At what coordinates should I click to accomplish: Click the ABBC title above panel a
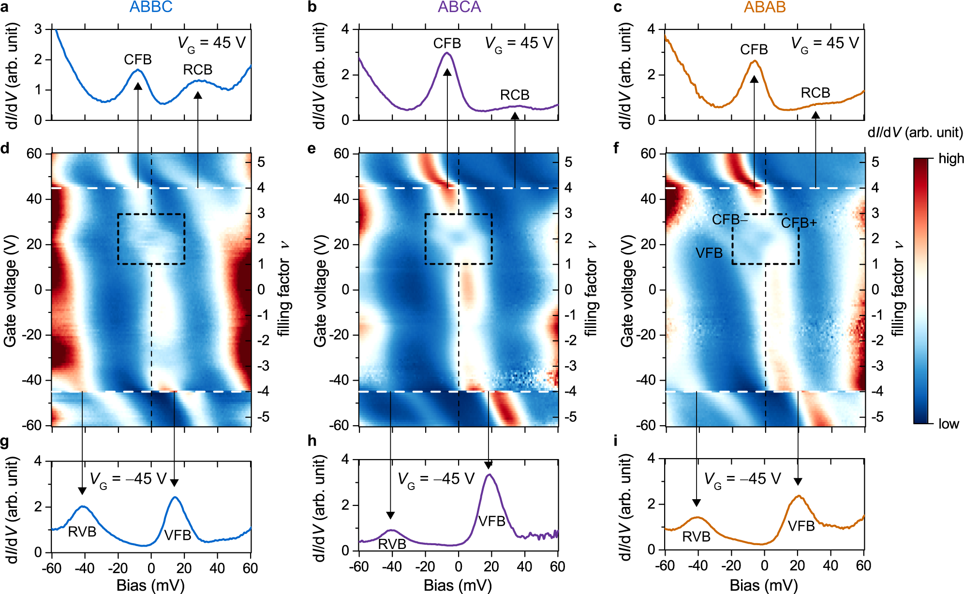click(x=151, y=7)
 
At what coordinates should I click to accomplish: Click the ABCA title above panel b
click(x=459, y=7)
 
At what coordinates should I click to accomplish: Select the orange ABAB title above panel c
click(x=765, y=7)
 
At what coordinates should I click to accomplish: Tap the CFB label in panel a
click(x=137, y=59)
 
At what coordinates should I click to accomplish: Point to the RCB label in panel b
click(x=515, y=95)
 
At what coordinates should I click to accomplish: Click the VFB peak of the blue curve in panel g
click(x=175, y=497)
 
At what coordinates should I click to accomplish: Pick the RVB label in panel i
click(x=696, y=536)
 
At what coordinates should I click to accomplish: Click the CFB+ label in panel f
click(x=799, y=223)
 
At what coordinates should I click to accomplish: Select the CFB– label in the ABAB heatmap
click(x=729, y=220)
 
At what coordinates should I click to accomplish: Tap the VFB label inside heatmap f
click(x=709, y=253)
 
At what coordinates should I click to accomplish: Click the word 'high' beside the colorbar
click(x=951, y=159)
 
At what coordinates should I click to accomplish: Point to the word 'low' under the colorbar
click(x=949, y=424)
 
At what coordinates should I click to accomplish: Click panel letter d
click(x=5, y=148)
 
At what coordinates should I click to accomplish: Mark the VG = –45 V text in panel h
click(x=436, y=479)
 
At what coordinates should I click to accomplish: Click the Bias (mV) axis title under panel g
click(x=150, y=585)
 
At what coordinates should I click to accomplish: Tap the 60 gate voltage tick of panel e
click(x=341, y=154)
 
